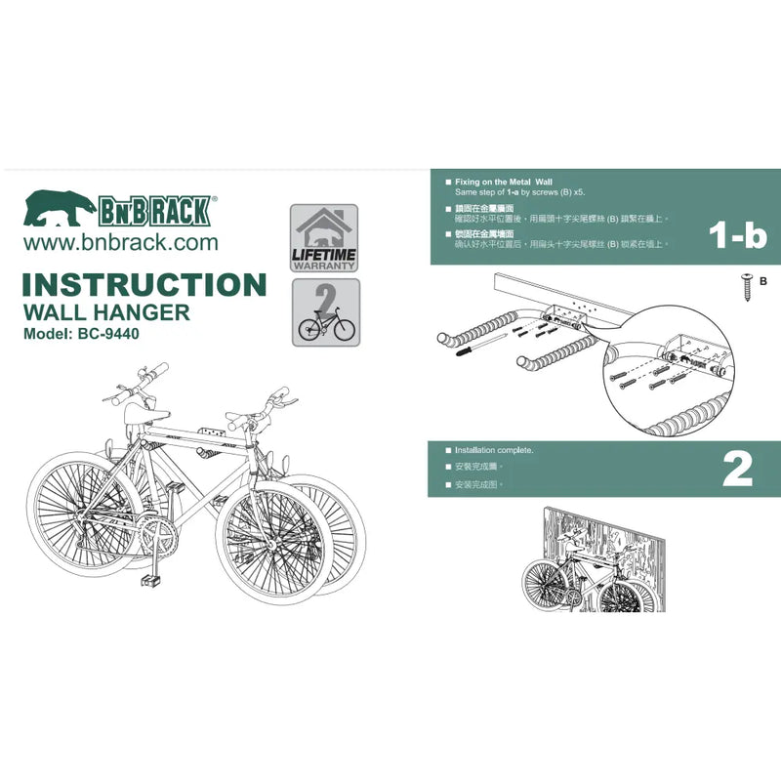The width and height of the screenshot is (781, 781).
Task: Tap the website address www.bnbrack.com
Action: pyautogui.click(x=120, y=241)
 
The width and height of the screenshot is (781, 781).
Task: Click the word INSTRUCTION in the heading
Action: pyautogui.click(x=144, y=285)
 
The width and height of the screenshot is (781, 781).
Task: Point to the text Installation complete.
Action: pyautogui.click(x=495, y=451)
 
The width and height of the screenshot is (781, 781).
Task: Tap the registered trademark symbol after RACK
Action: pyautogui.click(x=215, y=196)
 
